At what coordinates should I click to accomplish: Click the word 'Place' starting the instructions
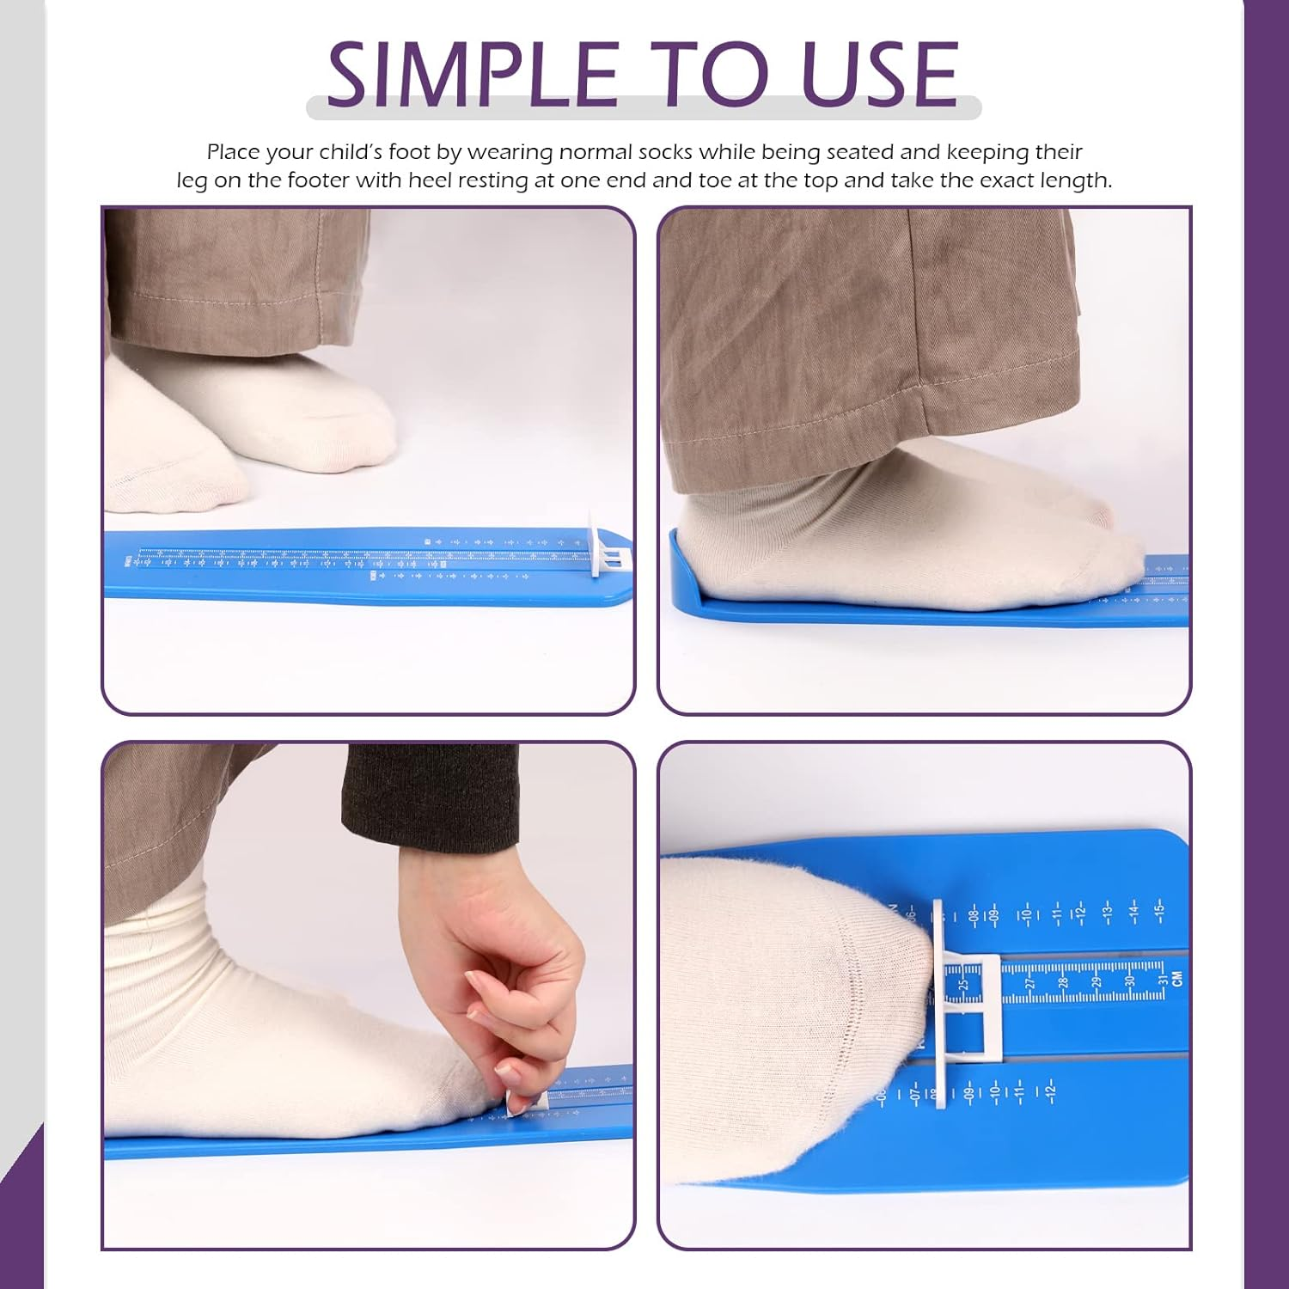pyautogui.click(x=233, y=152)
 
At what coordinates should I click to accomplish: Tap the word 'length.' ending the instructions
pyautogui.click(x=1076, y=180)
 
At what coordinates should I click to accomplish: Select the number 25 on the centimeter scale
pyautogui.click(x=963, y=983)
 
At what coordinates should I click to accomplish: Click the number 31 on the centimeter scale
pyautogui.click(x=1162, y=980)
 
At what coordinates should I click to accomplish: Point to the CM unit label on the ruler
pyautogui.click(x=1177, y=978)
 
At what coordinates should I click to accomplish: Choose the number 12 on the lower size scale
pyautogui.click(x=1049, y=1092)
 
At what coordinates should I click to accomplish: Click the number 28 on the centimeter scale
pyautogui.click(x=1063, y=981)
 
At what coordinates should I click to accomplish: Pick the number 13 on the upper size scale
pyautogui.click(x=1107, y=910)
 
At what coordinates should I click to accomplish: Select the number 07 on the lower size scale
pyautogui.click(x=914, y=1094)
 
